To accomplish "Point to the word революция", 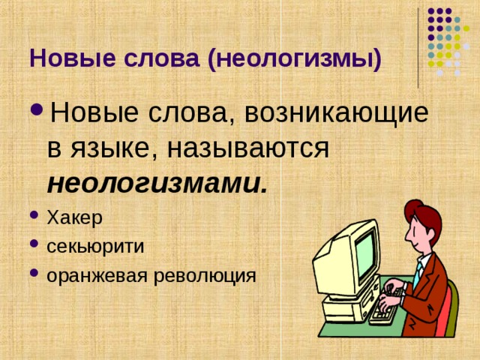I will point(209,275).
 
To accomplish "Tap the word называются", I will point(248,148).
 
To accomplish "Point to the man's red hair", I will point(424,217).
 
